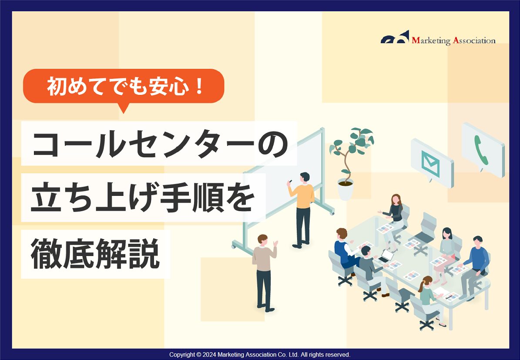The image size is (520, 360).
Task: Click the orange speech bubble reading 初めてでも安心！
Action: click(x=124, y=86)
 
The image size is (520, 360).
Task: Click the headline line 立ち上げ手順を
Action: click(x=143, y=198)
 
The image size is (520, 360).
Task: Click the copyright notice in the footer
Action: click(x=260, y=355)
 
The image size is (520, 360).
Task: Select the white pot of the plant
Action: click(x=346, y=190)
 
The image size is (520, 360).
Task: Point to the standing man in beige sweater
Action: click(x=264, y=270)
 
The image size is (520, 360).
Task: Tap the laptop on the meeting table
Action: click(x=386, y=256)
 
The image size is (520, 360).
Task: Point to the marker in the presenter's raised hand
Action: click(x=290, y=180)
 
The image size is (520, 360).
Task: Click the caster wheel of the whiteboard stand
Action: click(x=234, y=246)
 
